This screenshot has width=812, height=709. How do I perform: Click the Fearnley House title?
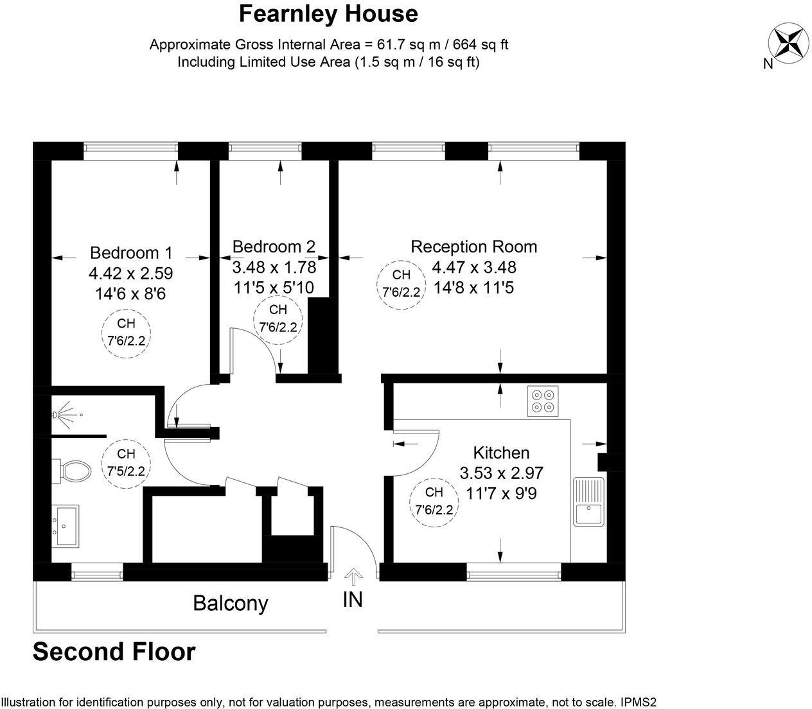coord(328,13)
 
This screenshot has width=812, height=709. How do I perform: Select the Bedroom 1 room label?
coord(131,252)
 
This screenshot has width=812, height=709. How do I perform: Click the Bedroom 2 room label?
coord(274,247)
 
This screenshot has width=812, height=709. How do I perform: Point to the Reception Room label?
coord(473,247)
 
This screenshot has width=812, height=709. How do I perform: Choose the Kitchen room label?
coord(501,453)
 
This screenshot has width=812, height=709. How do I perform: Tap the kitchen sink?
coord(588,502)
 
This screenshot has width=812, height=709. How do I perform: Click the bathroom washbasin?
coord(66,525)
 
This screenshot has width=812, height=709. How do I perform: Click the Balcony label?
coord(230,604)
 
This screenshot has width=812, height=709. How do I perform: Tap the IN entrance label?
coord(353,599)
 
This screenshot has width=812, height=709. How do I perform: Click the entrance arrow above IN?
coord(353,575)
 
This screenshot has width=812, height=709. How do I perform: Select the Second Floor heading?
coord(114,651)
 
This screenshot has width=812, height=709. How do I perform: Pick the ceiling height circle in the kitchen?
coord(434,502)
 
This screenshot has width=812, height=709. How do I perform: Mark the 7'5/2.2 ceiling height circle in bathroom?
coord(126,462)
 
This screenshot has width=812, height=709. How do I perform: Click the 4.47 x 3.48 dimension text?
coord(473,267)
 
